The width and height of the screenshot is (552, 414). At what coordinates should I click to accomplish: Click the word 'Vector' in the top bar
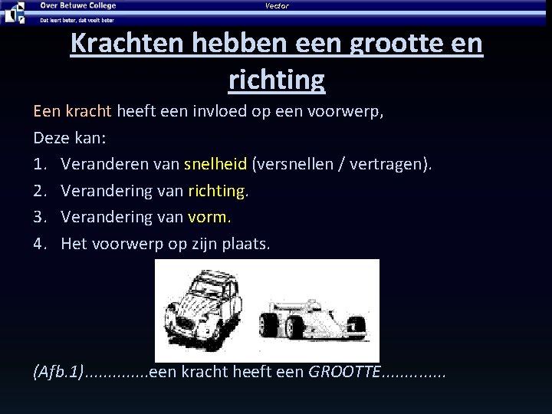pos(277,6)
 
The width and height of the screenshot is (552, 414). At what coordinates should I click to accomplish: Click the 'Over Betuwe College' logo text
pos(78,5)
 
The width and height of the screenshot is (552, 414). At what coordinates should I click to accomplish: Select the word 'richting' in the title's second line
pos(276,77)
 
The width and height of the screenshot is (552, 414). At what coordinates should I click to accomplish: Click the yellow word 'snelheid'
pos(215,164)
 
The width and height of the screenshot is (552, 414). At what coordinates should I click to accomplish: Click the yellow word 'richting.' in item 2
pos(218,190)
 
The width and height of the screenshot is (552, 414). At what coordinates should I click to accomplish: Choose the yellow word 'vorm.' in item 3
pos(209,216)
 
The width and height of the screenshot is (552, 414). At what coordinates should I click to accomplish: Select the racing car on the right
pos(315,320)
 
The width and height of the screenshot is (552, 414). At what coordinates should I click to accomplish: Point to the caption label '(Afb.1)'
pos(58,373)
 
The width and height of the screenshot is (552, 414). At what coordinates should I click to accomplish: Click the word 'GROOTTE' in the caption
pos(343,373)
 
